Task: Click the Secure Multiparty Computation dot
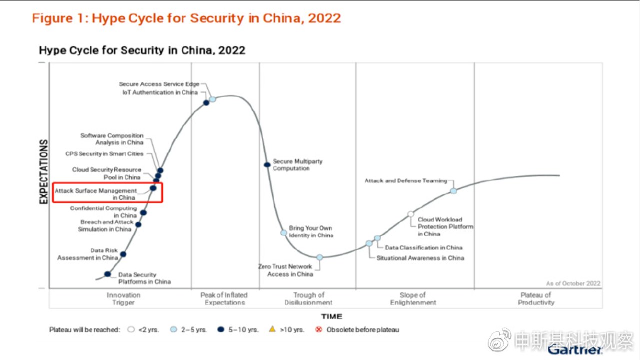point(267,165)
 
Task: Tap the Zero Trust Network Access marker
point(320,257)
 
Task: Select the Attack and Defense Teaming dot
point(453,191)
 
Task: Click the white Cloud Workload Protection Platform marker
point(411,214)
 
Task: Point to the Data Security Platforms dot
point(107,274)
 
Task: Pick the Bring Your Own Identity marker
point(283,233)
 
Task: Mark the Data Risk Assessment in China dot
point(123,254)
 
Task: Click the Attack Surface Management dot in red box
point(153,188)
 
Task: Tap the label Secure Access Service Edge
point(159,84)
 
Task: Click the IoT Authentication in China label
point(160,92)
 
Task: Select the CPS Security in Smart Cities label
point(104,153)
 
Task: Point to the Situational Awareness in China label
point(420,258)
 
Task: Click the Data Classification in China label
point(423,247)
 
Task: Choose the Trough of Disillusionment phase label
point(308,299)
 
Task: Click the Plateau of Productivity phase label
point(536,299)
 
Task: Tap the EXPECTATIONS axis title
point(43,171)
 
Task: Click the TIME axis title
point(331,316)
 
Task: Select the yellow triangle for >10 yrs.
point(272,329)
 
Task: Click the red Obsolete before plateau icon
point(319,329)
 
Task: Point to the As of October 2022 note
point(573,283)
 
